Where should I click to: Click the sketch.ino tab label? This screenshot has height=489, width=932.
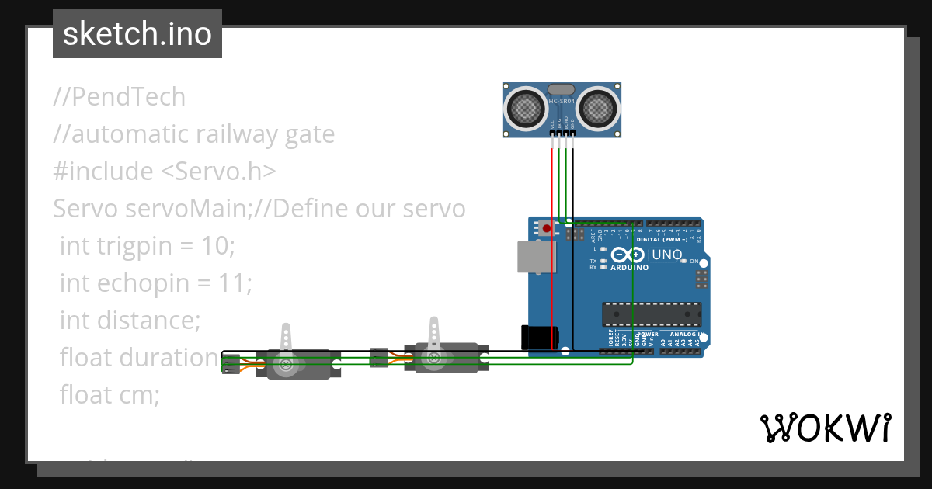pos(137,34)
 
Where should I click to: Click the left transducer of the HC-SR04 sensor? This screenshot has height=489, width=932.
pos(527,109)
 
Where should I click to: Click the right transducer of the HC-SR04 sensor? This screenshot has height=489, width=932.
pos(599,109)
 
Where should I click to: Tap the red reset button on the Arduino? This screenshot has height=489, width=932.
pos(547,228)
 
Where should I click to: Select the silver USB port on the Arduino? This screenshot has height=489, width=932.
pos(532,257)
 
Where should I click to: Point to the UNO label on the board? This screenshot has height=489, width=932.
pos(666,255)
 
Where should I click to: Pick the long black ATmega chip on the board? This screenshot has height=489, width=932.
pos(652,314)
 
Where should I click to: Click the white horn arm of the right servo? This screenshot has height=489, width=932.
pos(434,336)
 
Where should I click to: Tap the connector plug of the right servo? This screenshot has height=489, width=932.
pos(379,357)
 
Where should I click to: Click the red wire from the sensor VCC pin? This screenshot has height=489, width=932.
pos(552,248)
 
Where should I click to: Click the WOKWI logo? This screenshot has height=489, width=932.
pos(825,428)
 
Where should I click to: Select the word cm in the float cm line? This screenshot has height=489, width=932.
pos(140,394)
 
